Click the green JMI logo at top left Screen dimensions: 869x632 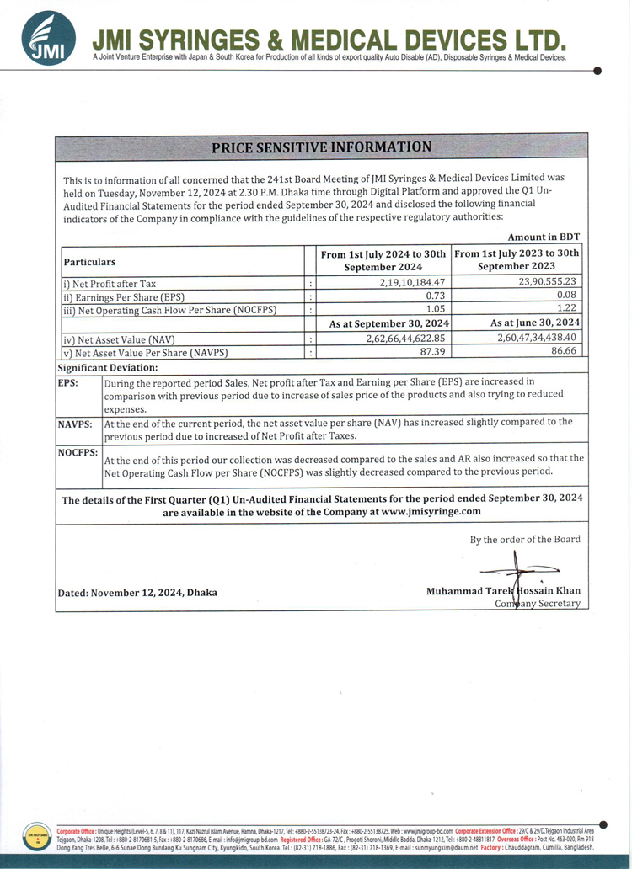coord(48,38)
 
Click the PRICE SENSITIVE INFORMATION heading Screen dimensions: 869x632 coord(321,147)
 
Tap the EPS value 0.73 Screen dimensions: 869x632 coord(435,296)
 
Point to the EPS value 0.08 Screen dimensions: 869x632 coord(566,295)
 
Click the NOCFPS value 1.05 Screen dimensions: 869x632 coord(435,309)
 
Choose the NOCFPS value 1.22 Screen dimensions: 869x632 coord(566,308)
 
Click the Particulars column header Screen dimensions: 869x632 coord(90,262)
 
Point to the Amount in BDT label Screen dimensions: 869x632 coord(544,237)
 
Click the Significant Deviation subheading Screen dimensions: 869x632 coord(108,368)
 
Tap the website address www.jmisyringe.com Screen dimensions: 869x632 coord(431,511)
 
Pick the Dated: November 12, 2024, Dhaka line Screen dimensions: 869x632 coord(137,592)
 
